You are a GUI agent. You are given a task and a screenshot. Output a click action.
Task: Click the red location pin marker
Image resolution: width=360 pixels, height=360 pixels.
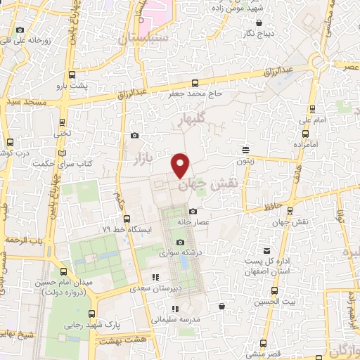[x=181, y=165]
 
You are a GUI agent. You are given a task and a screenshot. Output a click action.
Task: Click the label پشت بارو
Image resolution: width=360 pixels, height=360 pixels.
[x=72, y=85]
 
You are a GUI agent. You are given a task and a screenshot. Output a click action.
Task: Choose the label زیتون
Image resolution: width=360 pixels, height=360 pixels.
[x=245, y=160]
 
